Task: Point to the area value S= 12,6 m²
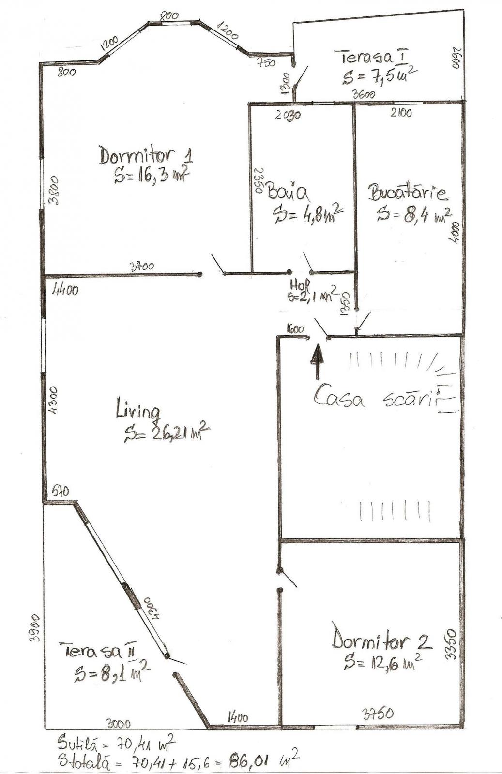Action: [381, 661]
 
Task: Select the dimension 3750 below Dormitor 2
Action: [378, 713]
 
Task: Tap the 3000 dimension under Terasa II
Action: [119, 724]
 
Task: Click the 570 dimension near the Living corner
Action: [61, 491]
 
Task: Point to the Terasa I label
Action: [373, 57]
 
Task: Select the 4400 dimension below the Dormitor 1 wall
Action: [65, 290]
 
